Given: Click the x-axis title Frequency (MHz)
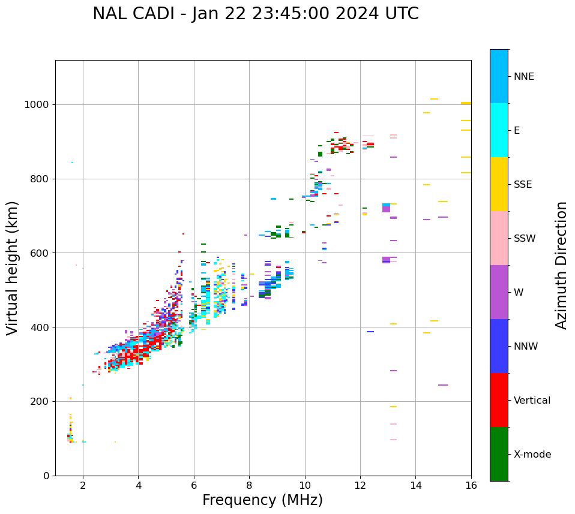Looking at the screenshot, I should tap(262, 500).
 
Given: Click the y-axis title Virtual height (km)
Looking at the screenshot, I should tap(13, 267).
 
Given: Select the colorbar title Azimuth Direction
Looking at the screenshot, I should tap(561, 265).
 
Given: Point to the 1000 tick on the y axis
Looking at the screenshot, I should tap(40, 104).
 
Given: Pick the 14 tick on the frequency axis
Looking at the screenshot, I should tap(415, 485).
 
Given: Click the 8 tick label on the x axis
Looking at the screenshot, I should tap(249, 485).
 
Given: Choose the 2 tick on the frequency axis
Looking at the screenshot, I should tap(83, 485).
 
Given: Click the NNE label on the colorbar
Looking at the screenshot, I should tap(523, 77).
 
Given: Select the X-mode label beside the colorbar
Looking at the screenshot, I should tap(532, 455).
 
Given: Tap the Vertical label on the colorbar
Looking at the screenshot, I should tap(532, 401).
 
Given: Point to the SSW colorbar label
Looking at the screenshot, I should tap(525, 239).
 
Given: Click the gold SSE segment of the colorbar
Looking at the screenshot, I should tap(499, 184).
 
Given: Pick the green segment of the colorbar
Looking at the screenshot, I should tap(499, 454).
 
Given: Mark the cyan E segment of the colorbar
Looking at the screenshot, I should tap(499, 130).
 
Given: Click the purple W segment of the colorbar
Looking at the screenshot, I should tap(499, 292).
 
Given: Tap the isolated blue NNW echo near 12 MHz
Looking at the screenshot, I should tap(370, 332).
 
